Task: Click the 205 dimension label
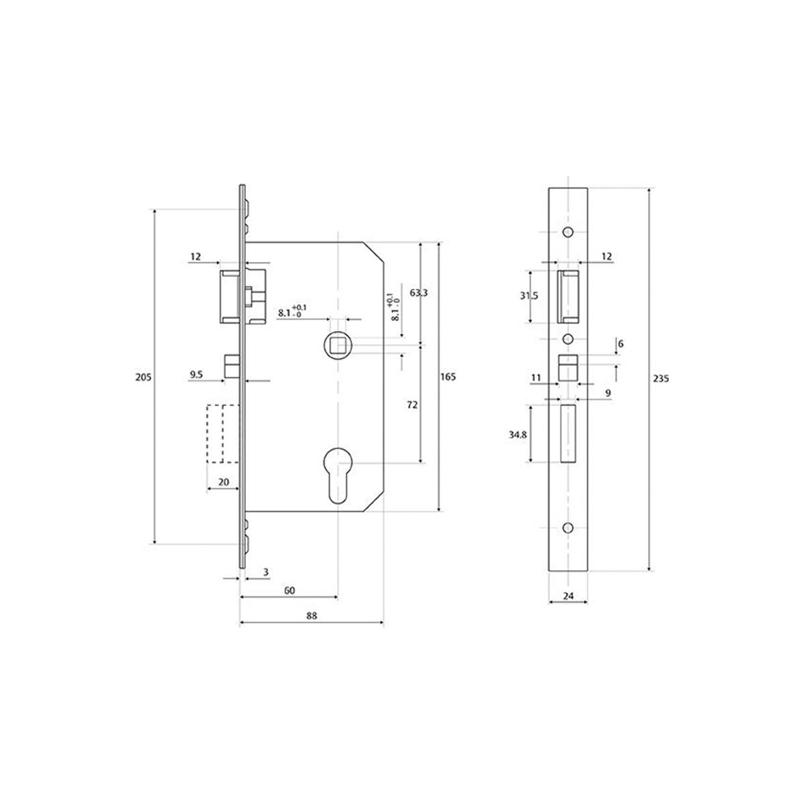tap(143, 377)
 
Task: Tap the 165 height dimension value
tap(448, 377)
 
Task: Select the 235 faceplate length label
tap(661, 379)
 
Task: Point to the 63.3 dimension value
tap(419, 293)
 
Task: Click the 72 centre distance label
tap(412, 405)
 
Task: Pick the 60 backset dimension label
tap(289, 590)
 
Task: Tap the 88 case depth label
tap(312, 616)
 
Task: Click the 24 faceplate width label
tap(568, 596)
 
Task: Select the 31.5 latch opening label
tap(529, 296)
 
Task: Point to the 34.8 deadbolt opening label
tap(518, 434)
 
